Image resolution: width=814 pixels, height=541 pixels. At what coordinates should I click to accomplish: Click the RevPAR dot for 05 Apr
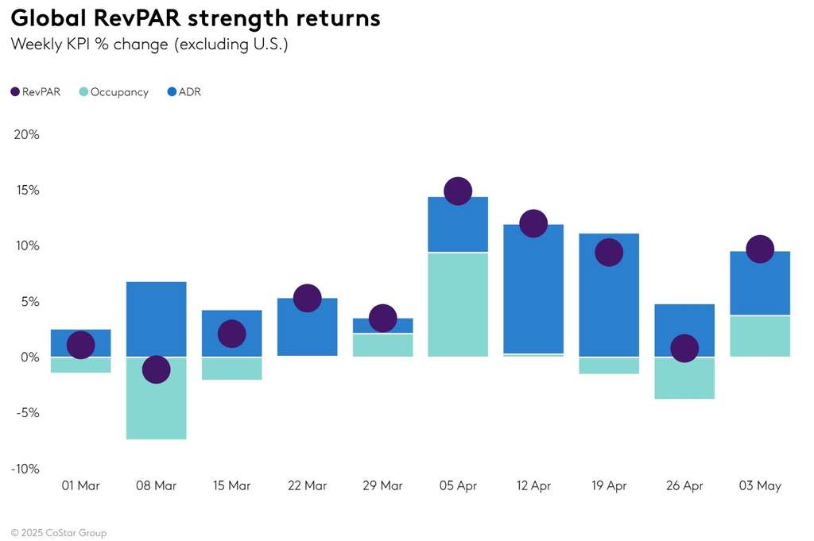tap(458, 191)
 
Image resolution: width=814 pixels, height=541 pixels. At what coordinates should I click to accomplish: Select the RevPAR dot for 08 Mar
tap(156, 369)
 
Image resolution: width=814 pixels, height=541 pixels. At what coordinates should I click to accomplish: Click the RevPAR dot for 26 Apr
tap(684, 348)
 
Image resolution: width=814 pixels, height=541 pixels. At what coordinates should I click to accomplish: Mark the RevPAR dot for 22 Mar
tap(307, 298)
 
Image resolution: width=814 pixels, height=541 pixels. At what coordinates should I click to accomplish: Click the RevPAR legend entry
tap(36, 92)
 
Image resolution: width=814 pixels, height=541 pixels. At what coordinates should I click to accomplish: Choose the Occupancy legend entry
tap(113, 92)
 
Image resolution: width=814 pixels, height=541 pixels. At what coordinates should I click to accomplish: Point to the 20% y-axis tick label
tap(26, 134)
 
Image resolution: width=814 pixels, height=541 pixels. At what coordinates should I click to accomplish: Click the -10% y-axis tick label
tap(25, 469)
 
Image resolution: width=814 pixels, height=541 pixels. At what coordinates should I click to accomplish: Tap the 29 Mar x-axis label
tap(382, 486)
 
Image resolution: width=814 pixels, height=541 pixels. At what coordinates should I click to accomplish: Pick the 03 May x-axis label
tap(760, 486)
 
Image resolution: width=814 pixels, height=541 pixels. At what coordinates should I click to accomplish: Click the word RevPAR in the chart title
tap(130, 17)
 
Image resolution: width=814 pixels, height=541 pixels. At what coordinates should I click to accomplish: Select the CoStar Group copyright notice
tap(58, 532)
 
